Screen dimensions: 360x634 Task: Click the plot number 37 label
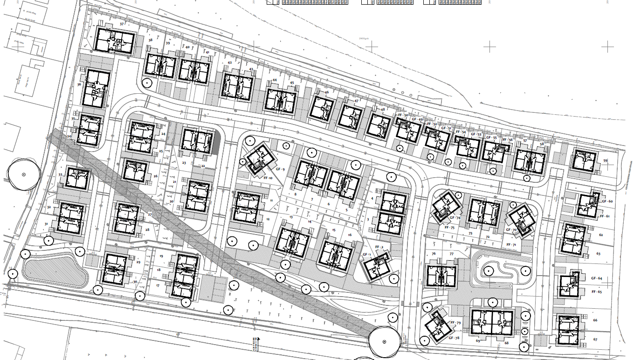(122, 24)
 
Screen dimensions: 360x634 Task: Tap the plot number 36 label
(79, 84)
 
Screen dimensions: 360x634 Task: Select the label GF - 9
(280, 169)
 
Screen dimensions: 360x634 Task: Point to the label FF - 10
(268, 178)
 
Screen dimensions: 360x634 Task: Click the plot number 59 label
(606, 161)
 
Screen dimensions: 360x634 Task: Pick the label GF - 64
(597, 278)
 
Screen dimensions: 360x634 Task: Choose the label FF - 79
(455, 323)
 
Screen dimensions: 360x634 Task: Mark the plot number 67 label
(595, 339)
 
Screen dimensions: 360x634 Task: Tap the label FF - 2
(379, 247)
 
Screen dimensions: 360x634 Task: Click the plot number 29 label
(138, 262)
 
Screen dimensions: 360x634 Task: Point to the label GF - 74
(455, 218)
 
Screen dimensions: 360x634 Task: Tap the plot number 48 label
(383, 110)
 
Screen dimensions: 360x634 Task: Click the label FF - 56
(507, 139)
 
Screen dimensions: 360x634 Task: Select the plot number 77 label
(451, 254)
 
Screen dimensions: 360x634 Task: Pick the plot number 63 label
(598, 254)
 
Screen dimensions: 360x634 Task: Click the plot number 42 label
(229, 63)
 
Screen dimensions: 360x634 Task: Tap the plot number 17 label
(158, 285)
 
